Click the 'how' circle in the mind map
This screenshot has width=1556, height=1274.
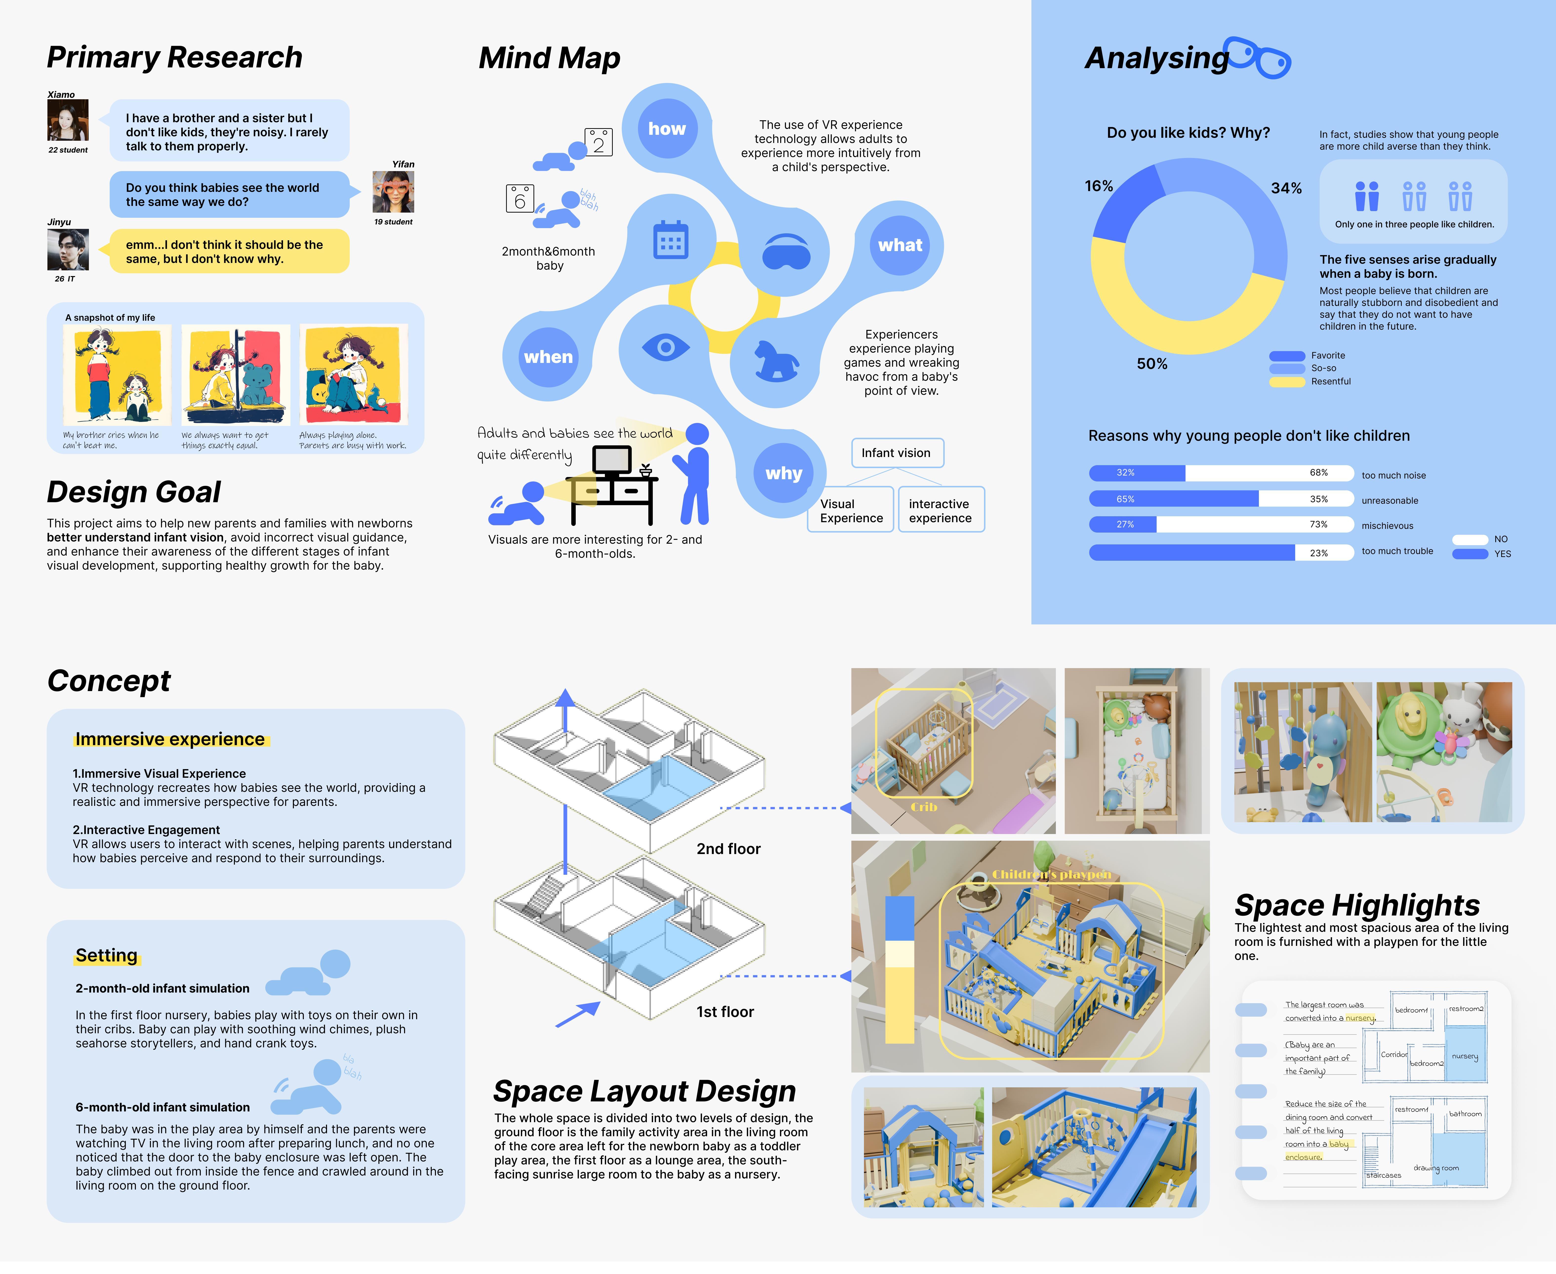tap(666, 129)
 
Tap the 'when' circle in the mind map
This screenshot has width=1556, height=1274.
tap(548, 358)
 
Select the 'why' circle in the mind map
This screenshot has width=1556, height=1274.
tap(784, 473)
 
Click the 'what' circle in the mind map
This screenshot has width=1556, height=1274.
tap(900, 245)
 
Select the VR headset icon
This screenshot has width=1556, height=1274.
tap(786, 252)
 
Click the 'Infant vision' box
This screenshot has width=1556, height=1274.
tap(896, 453)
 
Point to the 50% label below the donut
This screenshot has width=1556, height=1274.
tap(1152, 364)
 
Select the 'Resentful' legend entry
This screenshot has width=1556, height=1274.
tap(1330, 382)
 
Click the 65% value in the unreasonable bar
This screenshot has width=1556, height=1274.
tap(1125, 499)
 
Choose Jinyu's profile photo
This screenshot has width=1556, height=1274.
tap(67, 250)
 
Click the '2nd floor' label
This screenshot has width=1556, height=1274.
tap(728, 849)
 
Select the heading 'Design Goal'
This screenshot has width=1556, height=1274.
tap(134, 492)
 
